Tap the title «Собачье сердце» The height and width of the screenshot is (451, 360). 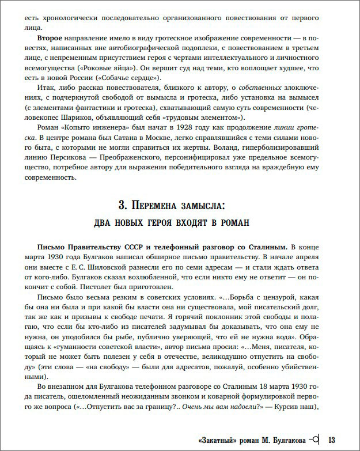[x=134, y=79]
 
